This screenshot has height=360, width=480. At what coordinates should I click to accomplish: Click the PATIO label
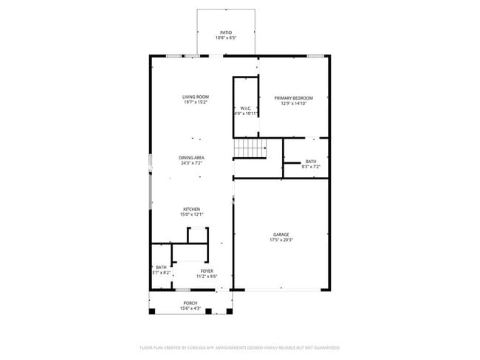coord(226,33)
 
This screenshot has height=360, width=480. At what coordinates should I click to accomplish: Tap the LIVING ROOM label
coord(196,97)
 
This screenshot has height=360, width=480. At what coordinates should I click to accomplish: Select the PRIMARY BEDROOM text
coord(293,98)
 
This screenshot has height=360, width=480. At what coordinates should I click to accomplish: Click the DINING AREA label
coord(191,157)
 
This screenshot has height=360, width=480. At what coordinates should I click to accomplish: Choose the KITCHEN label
coord(191,209)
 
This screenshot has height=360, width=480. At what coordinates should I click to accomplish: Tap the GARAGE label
coord(281,235)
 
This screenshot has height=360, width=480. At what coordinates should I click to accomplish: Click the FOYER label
coord(207,271)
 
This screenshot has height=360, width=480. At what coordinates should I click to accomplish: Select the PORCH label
coord(191,302)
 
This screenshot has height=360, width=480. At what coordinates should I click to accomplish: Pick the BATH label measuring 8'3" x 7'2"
coord(311,162)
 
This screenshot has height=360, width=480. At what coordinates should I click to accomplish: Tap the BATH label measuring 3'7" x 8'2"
coord(160,267)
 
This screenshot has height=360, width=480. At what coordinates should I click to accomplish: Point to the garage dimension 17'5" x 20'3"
coord(281,240)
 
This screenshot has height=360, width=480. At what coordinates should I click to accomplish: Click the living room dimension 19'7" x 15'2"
coord(196,103)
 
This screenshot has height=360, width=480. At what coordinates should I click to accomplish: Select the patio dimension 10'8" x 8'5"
coord(226,38)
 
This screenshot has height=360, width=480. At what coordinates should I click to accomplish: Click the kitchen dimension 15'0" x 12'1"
coord(191,214)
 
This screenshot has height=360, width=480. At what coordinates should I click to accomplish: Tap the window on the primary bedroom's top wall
coord(315,55)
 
